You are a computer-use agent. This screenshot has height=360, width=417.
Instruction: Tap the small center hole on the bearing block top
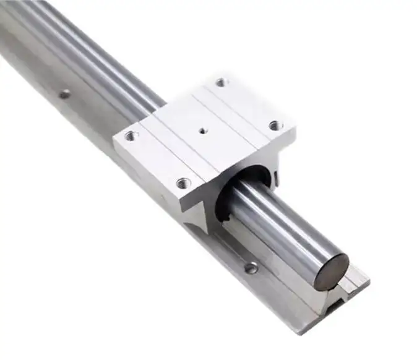[x=202, y=131]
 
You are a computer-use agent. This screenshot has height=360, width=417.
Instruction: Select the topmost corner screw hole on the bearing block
[x=221, y=82]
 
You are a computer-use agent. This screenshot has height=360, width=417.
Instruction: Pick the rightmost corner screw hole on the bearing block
[x=274, y=126]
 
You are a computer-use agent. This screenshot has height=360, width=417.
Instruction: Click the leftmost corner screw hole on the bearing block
[x=131, y=135]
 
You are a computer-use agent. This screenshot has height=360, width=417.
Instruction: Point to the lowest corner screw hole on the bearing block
[x=183, y=182]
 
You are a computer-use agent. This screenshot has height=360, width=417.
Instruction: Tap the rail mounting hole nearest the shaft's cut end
[x=251, y=268]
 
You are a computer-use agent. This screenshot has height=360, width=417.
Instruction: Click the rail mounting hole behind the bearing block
[x=64, y=95]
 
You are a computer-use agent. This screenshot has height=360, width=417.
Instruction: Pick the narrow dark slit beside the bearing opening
[x=277, y=180]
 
